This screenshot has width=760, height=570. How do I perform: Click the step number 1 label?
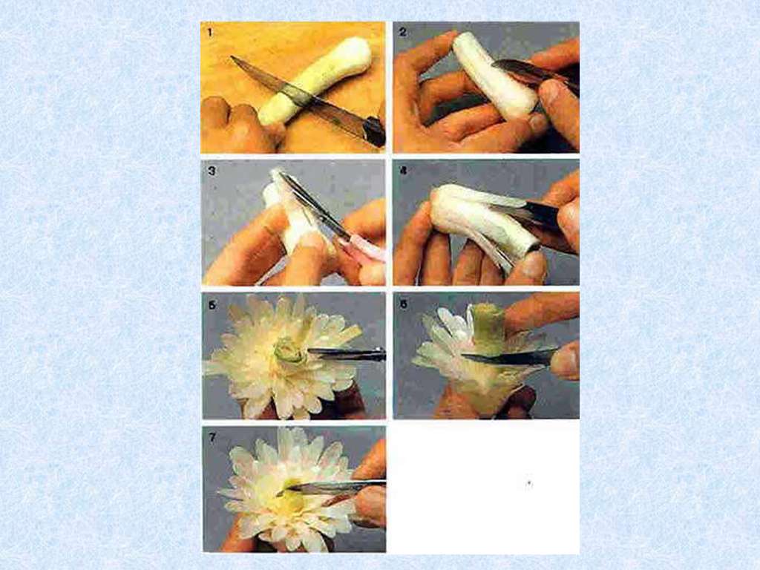coord(210,33)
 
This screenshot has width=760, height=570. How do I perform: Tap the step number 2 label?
coord(402,32)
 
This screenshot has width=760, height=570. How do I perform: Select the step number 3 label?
coord(211,171)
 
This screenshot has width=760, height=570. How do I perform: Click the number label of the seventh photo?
coord(212,437)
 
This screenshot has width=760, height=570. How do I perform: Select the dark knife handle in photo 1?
coord(374,131)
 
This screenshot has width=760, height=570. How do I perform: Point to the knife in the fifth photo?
coord(347,354)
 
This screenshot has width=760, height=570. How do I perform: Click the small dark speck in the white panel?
coord(529,482)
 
